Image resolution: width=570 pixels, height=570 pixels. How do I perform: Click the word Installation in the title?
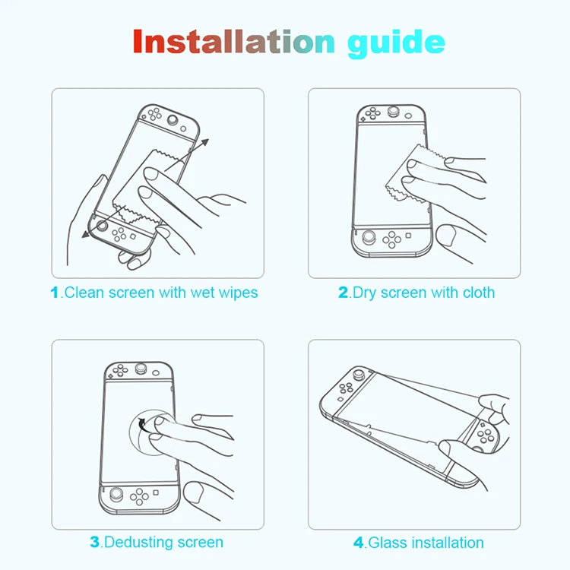tap(233, 42)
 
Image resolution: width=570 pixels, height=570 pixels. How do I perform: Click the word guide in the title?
tap(396, 43)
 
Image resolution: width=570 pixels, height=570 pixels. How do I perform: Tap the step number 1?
tap(55, 293)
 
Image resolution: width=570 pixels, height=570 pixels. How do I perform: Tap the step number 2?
tap(343, 293)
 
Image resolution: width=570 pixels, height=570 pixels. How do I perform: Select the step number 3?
tap(95, 542)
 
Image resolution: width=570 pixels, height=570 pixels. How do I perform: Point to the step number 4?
tap(359, 543)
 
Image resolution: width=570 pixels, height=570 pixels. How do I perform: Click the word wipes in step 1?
tap(238, 293)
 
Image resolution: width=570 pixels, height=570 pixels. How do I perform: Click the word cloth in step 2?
tap(478, 293)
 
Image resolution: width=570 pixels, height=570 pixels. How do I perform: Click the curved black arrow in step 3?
tap(144, 426)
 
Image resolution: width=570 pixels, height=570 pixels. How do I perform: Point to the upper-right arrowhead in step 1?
tap(204, 142)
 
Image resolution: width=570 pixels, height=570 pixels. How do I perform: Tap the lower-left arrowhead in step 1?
tap(86, 234)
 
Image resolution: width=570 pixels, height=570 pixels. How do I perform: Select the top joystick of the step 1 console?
tap(173, 120)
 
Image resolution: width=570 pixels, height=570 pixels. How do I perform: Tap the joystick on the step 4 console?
tap(357, 374)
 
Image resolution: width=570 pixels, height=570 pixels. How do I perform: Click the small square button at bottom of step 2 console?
tap(409, 236)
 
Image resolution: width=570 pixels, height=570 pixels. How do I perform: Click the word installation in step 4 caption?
tap(448, 543)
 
